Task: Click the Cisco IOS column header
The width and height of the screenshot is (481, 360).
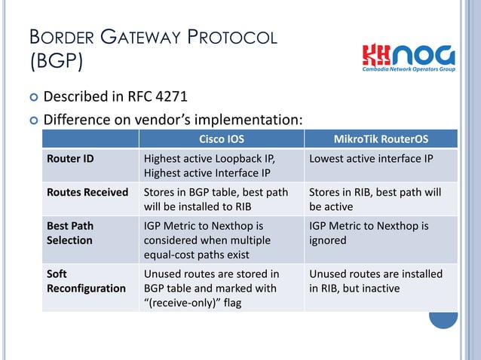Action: click(x=221, y=139)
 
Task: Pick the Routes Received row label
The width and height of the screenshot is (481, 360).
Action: click(x=87, y=192)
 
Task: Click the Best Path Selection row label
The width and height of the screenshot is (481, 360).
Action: click(x=69, y=233)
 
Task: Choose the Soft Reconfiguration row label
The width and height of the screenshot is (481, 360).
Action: click(x=86, y=281)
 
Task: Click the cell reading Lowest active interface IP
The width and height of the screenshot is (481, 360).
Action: click(x=370, y=159)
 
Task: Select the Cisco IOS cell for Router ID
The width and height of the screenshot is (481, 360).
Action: click(x=210, y=166)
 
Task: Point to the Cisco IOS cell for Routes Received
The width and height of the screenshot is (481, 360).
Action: click(x=216, y=200)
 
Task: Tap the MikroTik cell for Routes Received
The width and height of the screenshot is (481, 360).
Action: click(x=375, y=200)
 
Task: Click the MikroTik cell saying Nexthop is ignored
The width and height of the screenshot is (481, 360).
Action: click(x=369, y=233)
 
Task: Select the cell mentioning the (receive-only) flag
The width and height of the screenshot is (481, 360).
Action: click(x=211, y=288)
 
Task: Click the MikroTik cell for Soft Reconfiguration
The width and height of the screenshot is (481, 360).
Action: click(x=375, y=281)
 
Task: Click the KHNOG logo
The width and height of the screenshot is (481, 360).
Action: click(x=408, y=56)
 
